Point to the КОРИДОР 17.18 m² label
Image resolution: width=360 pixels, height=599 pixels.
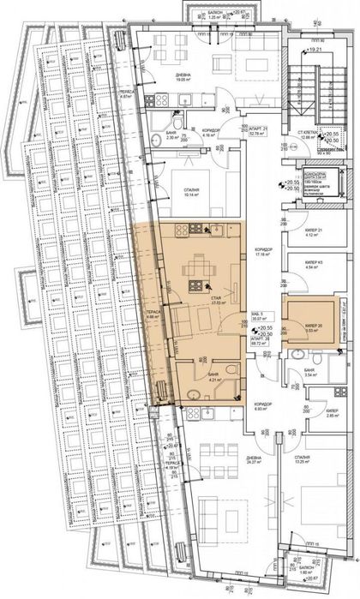[x=264, y=252]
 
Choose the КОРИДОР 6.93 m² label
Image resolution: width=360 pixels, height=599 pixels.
[x=262, y=408]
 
